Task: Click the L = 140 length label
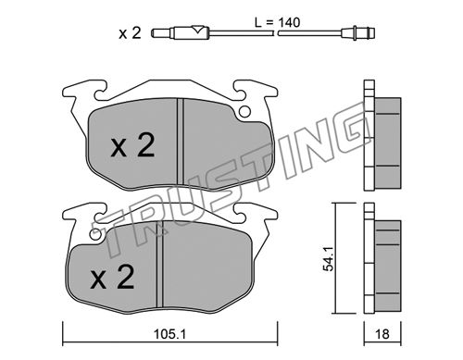277,22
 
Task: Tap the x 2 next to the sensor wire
130,32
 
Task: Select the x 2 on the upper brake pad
132,146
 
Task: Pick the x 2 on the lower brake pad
112,278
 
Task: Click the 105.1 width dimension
170,334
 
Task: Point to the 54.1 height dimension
328,259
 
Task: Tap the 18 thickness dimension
382,334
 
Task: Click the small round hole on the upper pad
245,112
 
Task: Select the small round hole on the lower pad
95,235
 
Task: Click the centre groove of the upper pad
181,143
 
